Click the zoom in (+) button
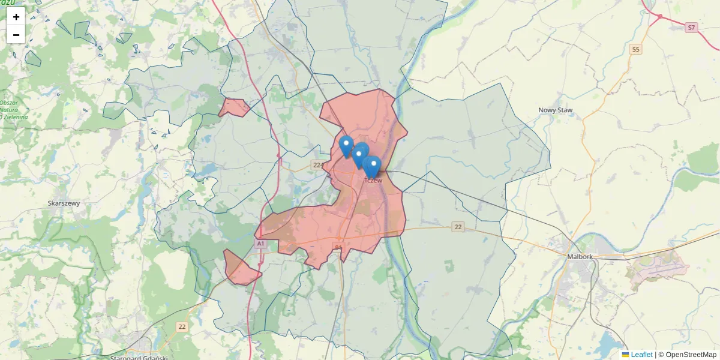click(16, 17)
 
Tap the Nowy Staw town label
click(555, 110)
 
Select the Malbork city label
click(580, 257)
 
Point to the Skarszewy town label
click(64, 203)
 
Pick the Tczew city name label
click(373, 180)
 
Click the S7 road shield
click(692, 28)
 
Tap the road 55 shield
click(635, 49)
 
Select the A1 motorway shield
click(260, 244)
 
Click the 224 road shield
click(318, 164)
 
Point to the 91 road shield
click(338, 247)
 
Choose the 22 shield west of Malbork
click(458, 227)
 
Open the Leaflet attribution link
click(641, 355)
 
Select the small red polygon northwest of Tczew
click(234, 107)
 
